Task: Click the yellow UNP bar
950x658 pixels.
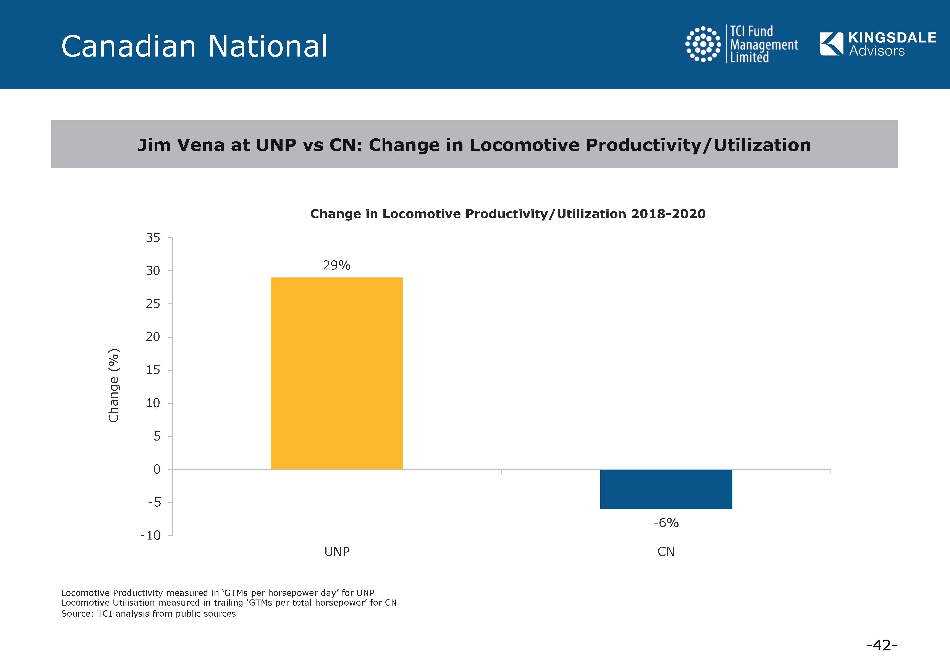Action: coord(337,373)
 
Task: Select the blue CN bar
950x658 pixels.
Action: coord(666,489)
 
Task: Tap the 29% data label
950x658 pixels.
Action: coord(337,265)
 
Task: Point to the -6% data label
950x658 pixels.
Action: coord(666,523)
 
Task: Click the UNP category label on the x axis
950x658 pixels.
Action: coord(337,552)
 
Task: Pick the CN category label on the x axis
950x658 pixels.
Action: coord(666,552)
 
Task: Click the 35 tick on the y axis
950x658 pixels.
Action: coord(153,238)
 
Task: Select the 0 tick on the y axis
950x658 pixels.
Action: coord(157,469)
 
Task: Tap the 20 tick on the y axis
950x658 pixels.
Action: coord(153,337)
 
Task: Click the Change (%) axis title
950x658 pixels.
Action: coord(114,386)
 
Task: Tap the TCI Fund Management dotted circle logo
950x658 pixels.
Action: coord(703,44)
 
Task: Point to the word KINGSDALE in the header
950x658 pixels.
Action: coord(892,37)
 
